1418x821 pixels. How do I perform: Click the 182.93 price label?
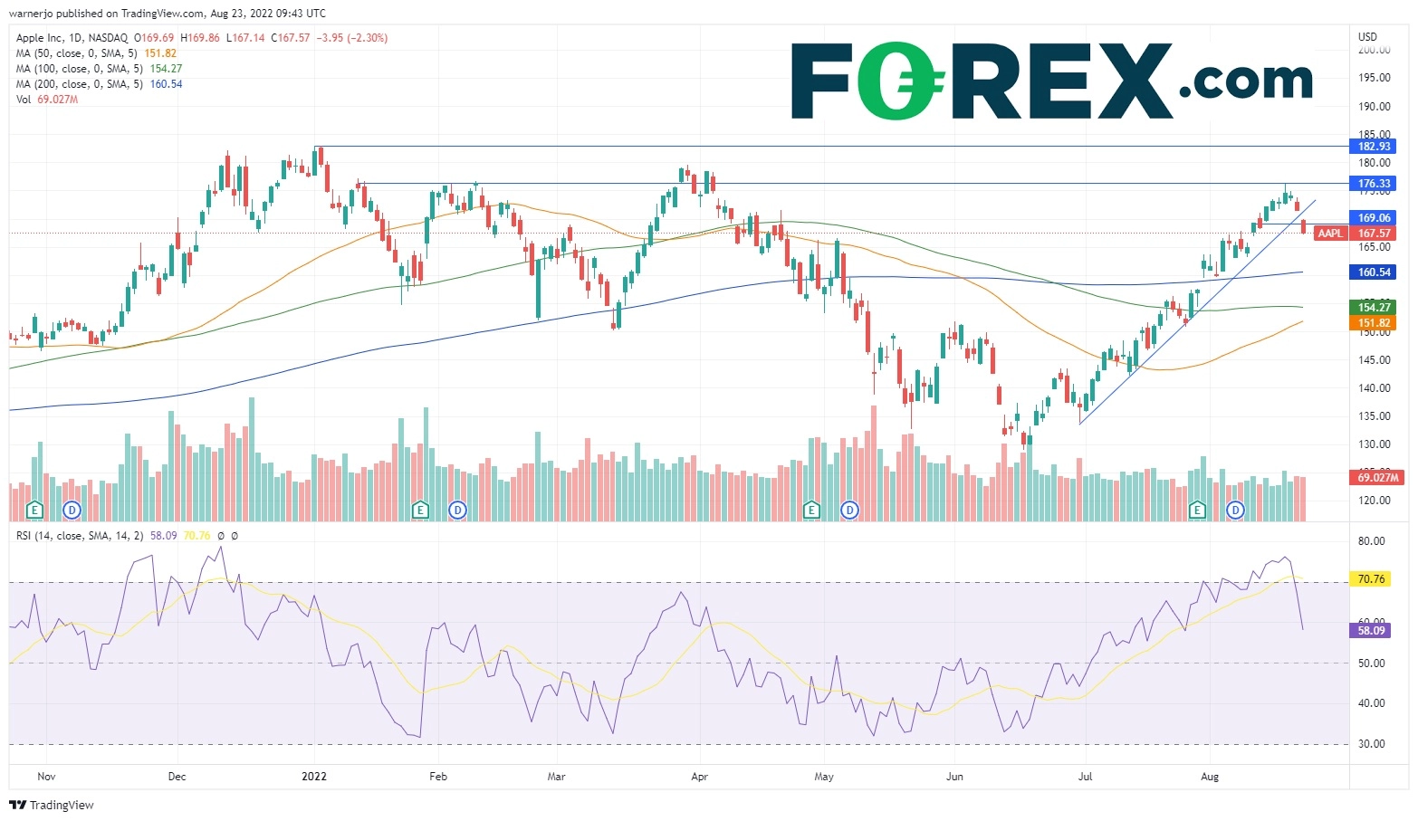[1374, 147]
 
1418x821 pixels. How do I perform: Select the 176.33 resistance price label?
[1374, 184]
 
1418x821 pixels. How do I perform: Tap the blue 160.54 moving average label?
[1374, 272]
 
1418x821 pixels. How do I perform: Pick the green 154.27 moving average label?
[1374, 308]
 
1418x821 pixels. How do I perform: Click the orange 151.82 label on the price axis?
[1374, 323]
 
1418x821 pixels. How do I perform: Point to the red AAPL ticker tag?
[1330, 234]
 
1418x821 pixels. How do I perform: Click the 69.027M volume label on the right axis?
[1377, 477]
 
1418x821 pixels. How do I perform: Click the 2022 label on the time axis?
[314, 777]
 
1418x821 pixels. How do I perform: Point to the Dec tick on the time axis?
[177, 777]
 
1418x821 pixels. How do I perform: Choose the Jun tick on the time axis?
[954, 777]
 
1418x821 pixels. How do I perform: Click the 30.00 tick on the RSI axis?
[1372, 744]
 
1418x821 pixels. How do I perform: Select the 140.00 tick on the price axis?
[1374, 388]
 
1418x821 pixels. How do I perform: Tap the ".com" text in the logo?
[1246, 81]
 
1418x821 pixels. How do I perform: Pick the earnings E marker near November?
[35, 511]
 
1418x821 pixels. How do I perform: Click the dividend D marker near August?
[1236, 511]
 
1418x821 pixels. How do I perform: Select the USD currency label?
[1367, 37]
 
